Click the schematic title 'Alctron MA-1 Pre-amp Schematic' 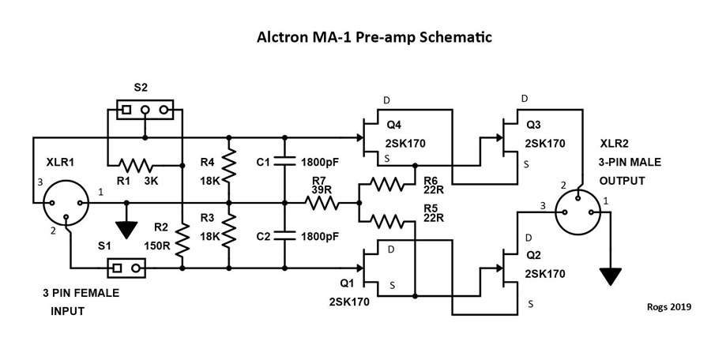[374, 37]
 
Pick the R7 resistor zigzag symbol [323, 203]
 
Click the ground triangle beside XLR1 [124, 229]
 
